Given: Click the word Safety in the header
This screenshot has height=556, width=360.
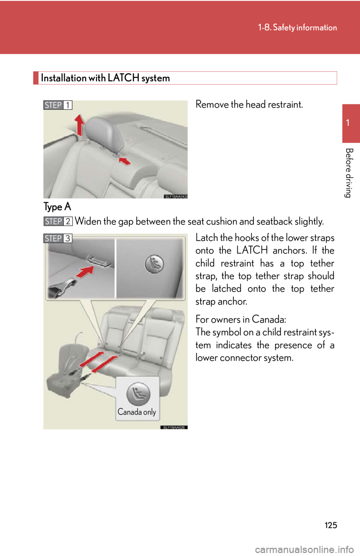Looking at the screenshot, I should coord(283,27).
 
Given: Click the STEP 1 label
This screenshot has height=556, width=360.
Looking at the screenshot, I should coord(58,105).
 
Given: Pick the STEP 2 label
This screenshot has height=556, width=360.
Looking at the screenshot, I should coord(58,221).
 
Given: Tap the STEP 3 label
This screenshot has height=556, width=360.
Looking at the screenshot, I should coord(58,239).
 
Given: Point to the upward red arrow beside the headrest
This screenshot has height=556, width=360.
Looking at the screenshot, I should coord(79,124).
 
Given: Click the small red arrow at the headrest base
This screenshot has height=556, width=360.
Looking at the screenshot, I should coord(125,161).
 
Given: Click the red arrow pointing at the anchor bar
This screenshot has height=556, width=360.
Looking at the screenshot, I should coord(85,272).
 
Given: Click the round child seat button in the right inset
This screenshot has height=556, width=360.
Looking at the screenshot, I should coord(154,264).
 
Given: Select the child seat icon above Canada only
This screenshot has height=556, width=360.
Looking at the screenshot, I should coord(138,393).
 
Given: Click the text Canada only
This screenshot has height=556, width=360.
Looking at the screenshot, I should coord(137,412).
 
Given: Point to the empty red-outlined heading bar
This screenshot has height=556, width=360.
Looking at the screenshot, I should coord(185,78).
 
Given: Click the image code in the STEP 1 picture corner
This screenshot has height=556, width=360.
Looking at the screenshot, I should coord(175,196).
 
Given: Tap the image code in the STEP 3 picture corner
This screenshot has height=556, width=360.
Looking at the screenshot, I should coord(174,427).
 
